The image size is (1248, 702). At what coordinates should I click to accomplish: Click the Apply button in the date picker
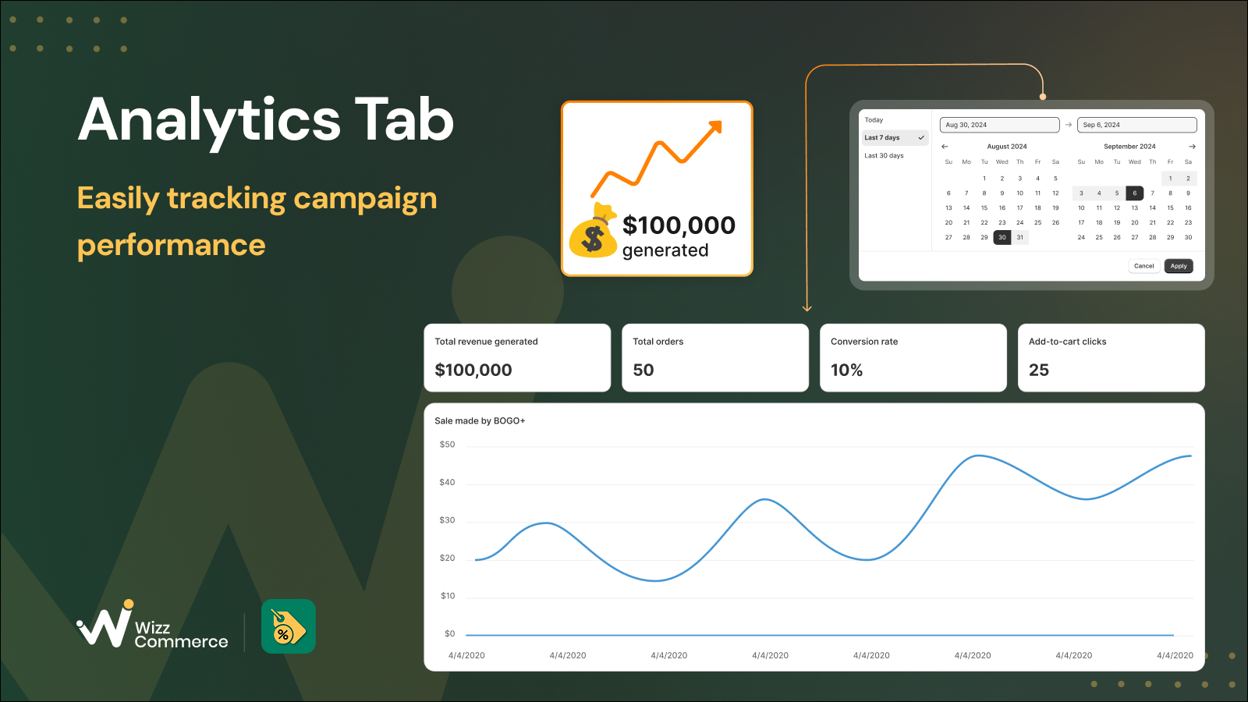tap(1179, 266)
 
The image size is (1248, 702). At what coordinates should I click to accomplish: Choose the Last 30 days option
tap(884, 155)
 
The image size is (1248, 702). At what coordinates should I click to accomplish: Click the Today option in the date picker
tap(874, 120)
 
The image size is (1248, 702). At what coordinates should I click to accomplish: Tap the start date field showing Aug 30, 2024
tap(999, 125)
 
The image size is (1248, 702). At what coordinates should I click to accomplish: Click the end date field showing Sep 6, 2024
tap(1136, 125)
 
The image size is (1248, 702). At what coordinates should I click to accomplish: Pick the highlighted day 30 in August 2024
tap(1002, 237)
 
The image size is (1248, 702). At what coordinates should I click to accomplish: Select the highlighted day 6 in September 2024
tap(1134, 193)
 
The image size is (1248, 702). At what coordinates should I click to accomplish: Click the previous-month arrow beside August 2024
tap(945, 147)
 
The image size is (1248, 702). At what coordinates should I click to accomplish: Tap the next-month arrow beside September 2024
tap(1192, 147)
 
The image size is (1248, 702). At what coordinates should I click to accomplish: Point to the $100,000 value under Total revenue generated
tap(473, 370)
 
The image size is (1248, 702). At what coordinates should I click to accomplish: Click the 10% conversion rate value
tap(846, 370)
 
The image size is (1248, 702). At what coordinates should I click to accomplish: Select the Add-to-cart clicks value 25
tap(1038, 370)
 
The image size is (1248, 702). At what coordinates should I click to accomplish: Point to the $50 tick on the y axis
tap(447, 445)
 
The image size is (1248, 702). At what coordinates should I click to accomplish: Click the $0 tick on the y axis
tap(449, 633)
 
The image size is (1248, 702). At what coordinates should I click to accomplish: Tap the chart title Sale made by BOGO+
tap(480, 420)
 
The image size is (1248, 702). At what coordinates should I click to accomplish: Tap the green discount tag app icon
tap(289, 626)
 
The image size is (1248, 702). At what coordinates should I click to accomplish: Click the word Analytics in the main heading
tap(210, 120)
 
